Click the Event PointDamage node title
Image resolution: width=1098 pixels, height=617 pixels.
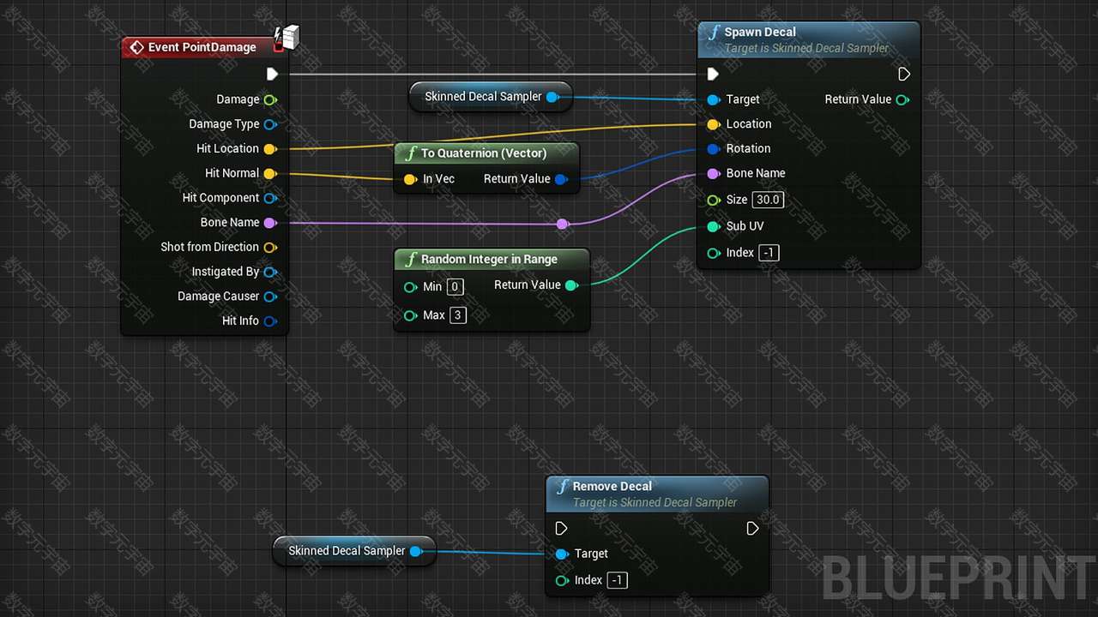click(x=202, y=47)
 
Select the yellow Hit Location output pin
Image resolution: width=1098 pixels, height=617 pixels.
click(x=270, y=149)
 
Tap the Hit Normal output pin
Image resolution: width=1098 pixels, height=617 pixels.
click(x=270, y=173)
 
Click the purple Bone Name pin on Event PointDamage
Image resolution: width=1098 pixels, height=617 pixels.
click(x=270, y=223)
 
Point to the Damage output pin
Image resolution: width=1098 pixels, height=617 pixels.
click(x=270, y=100)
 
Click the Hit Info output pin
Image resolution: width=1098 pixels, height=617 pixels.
click(x=270, y=321)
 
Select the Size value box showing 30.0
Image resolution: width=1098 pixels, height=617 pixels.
click(x=768, y=200)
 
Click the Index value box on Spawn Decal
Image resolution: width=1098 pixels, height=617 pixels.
click(x=769, y=253)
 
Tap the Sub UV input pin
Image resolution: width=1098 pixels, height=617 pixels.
click(x=714, y=226)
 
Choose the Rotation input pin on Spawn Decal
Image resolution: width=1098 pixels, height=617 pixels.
click(x=714, y=149)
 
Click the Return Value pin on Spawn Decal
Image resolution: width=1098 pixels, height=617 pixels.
click(x=902, y=100)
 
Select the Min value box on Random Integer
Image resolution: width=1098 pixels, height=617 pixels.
click(x=455, y=286)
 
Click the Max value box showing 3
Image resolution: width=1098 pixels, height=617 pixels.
click(x=458, y=314)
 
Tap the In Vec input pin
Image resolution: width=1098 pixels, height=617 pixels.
click(x=410, y=179)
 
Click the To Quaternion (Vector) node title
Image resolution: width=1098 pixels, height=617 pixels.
click(x=483, y=153)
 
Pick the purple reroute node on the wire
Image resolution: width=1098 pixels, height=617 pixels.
click(x=562, y=225)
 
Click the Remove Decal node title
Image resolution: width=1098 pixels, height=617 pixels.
click(x=612, y=486)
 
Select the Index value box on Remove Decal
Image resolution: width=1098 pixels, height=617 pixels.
click(x=617, y=580)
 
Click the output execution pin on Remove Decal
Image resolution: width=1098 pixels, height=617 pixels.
click(x=752, y=529)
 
